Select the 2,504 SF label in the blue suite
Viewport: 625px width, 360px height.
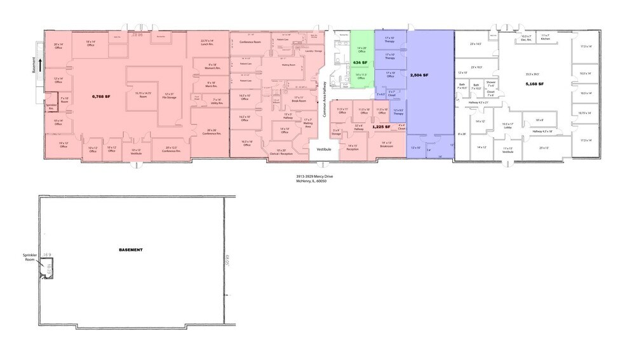click(x=419, y=75)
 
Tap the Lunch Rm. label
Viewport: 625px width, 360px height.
click(x=208, y=44)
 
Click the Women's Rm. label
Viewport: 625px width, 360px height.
click(x=212, y=66)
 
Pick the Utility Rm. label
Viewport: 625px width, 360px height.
click(x=216, y=102)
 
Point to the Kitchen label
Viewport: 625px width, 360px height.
click(x=545, y=39)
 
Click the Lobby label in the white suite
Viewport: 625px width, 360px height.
click(x=507, y=127)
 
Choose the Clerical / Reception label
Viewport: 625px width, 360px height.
click(x=280, y=153)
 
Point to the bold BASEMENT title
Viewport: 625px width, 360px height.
click(x=130, y=250)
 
